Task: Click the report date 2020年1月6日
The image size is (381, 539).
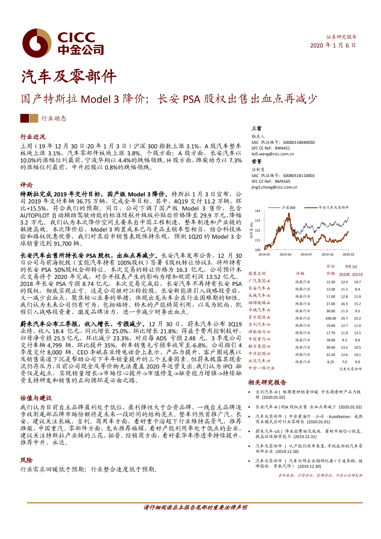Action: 333,45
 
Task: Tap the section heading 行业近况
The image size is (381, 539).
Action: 33,137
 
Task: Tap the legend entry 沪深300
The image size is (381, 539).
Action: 288,208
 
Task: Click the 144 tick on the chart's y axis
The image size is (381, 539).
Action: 258,211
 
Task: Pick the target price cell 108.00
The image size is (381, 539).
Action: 330,318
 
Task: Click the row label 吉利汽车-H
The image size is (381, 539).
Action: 259,325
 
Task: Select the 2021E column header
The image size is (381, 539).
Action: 357,273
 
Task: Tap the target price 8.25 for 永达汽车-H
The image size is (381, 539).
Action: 330,362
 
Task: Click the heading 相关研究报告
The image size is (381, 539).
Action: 267,382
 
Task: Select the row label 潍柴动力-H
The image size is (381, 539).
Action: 259,332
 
